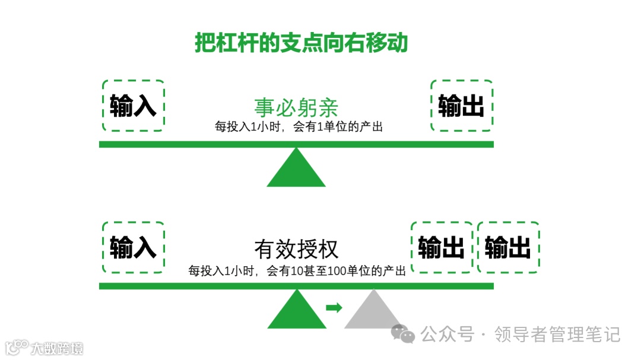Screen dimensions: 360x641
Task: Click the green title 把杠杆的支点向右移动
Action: point(302,43)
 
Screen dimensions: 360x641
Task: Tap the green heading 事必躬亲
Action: point(296,107)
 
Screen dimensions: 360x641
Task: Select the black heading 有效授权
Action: point(296,249)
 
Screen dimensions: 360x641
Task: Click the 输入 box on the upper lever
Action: point(133,106)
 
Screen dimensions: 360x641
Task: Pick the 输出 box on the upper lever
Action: point(461,106)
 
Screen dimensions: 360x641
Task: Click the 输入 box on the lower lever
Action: point(133,247)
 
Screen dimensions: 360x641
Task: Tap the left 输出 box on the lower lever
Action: point(441,247)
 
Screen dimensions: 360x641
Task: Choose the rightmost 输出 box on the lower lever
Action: point(508,247)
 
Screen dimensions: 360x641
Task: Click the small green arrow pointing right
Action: point(334,307)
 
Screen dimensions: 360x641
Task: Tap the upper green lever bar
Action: point(296,144)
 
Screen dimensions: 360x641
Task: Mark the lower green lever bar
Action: point(296,286)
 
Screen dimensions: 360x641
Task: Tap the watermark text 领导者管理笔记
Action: point(557,334)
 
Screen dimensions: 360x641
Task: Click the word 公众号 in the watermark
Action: point(448,334)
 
